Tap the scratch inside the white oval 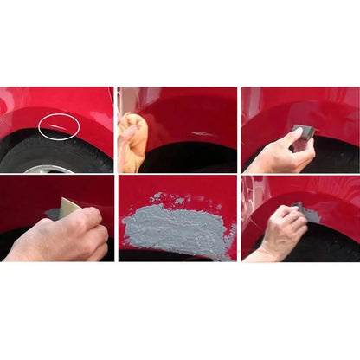(61, 130)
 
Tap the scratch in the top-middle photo (200, 133)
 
